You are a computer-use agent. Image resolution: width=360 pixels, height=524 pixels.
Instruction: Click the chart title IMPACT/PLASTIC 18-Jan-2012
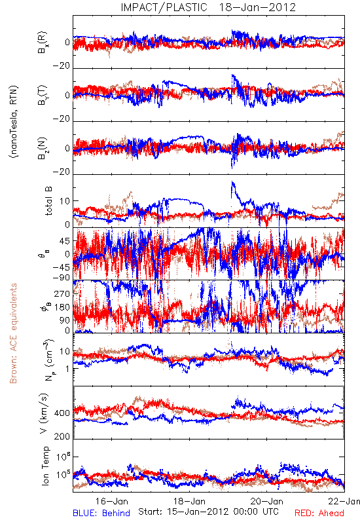point(208,7)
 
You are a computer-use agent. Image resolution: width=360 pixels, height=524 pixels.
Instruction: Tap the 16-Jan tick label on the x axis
point(111,501)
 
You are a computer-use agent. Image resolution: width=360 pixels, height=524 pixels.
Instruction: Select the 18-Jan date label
point(189,501)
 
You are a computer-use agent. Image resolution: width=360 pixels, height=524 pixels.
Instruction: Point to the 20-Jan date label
point(267,501)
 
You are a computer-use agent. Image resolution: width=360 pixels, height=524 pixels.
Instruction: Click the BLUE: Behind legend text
point(101,513)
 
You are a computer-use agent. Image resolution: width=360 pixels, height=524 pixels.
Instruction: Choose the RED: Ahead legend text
point(319,513)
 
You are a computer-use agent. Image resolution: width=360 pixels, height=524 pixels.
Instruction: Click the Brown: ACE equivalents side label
point(13,333)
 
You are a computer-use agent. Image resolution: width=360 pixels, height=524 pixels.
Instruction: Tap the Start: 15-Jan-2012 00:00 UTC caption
point(208,512)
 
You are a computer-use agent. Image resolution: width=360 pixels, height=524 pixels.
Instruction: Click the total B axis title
point(48,201)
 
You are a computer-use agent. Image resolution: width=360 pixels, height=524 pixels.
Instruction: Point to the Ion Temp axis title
point(45,466)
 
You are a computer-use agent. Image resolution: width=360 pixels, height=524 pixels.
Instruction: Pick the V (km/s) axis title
point(44,413)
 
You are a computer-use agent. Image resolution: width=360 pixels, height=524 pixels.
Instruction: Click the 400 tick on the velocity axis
point(62,413)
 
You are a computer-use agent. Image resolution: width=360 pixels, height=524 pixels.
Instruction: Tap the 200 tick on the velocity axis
point(62,436)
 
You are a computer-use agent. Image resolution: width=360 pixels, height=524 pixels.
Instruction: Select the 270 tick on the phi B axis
point(62,293)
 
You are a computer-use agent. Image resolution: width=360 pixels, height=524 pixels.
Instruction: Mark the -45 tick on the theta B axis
point(62,267)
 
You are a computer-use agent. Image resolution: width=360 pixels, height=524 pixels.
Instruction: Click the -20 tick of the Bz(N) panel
point(62,172)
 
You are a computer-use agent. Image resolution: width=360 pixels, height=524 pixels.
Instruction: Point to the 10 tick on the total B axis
point(65,201)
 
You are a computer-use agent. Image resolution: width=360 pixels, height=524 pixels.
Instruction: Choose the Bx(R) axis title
point(43,43)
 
